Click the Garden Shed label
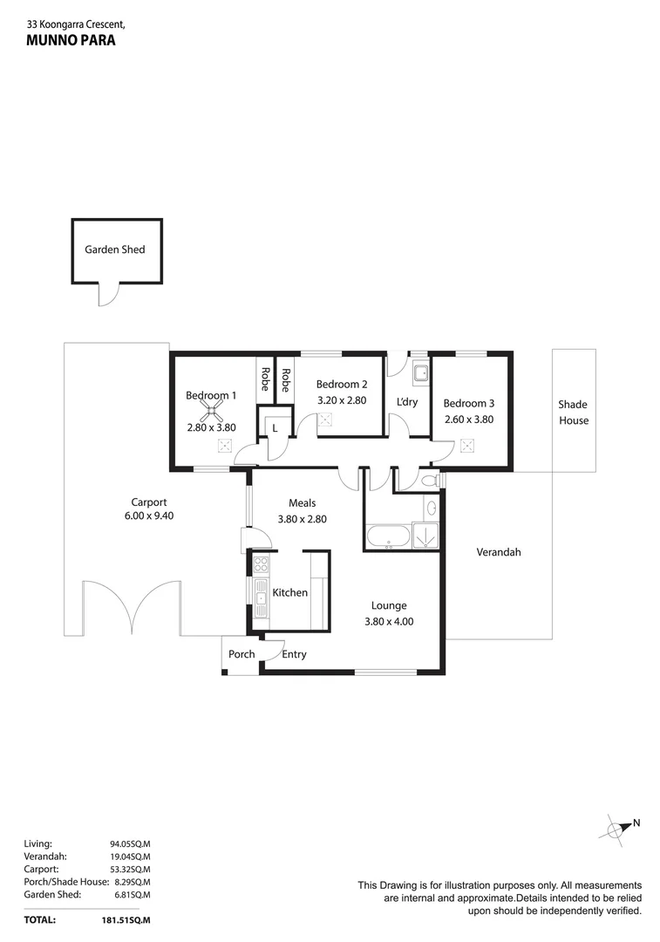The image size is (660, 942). [115, 249]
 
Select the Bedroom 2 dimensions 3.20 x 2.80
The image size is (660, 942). [341, 400]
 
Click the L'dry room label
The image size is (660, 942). [407, 402]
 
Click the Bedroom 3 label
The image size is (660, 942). [468, 403]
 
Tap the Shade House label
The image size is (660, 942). [574, 412]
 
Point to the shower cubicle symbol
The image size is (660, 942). [425, 536]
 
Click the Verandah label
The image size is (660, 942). [499, 552]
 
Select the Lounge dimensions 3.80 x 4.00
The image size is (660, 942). [389, 622]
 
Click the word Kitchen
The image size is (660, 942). [290, 592]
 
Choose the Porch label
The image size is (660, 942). [242, 654]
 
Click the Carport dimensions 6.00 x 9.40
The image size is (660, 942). [148, 516]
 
